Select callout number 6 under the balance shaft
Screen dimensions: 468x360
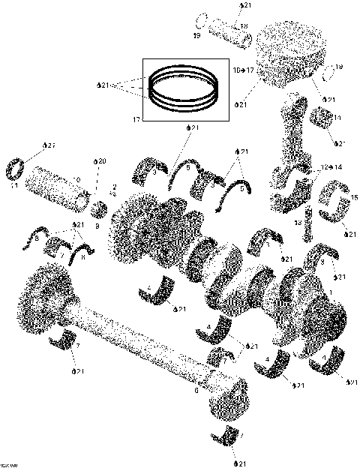[x=196, y=389]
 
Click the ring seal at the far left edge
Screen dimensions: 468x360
[x=18, y=169]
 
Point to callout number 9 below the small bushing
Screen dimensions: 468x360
[x=97, y=226]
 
